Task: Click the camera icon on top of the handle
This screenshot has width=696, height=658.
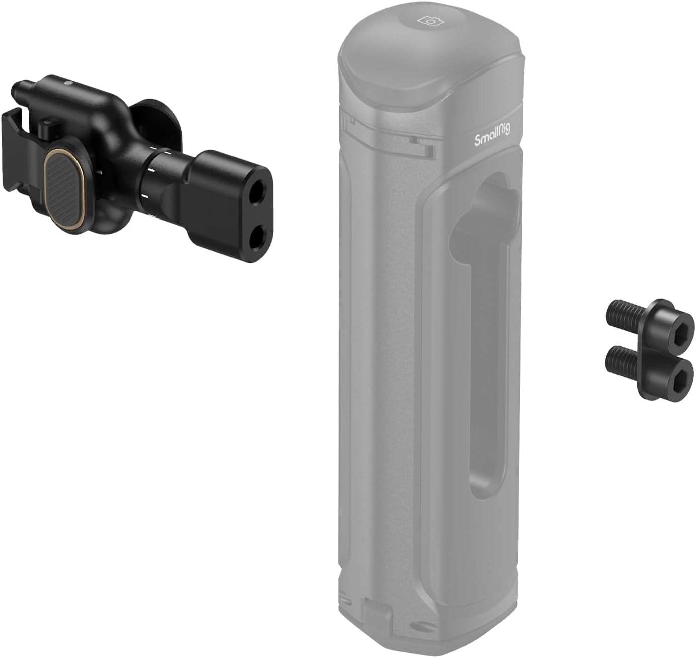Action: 429,21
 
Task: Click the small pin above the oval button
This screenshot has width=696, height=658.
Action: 49,124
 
